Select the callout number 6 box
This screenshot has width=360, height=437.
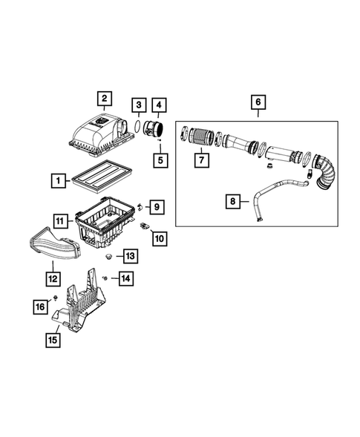pyautogui.click(x=258, y=102)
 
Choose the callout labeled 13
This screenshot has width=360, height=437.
pyautogui.click(x=130, y=256)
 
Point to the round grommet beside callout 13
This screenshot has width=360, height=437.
pyautogui.click(x=110, y=256)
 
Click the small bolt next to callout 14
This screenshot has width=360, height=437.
pyautogui.click(x=108, y=277)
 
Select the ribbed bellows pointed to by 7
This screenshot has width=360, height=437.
pyautogui.click(x=199, y=137)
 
